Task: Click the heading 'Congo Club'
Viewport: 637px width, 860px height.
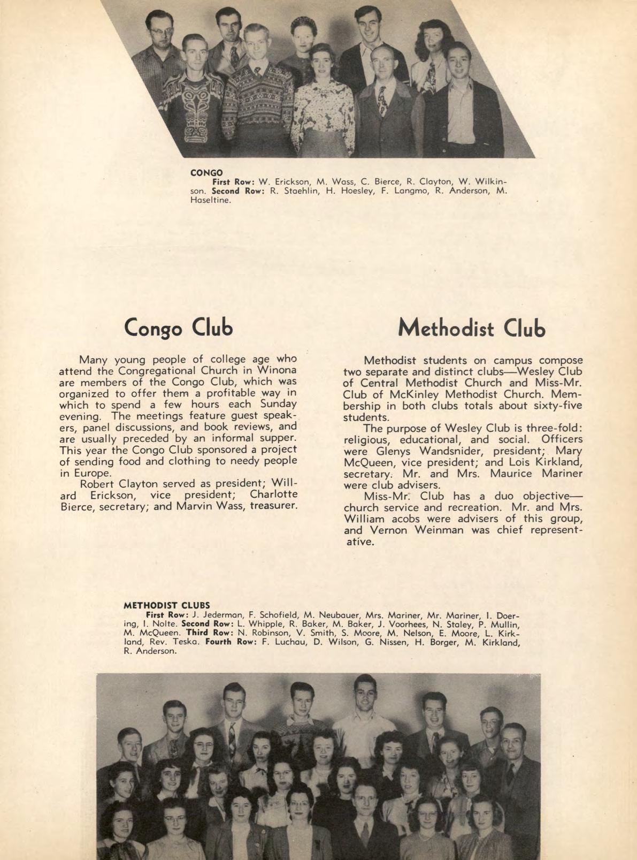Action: click(178, 328)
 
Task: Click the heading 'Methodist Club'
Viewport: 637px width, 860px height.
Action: click(471, 328)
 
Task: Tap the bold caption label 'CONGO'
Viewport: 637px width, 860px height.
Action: click(206, 173)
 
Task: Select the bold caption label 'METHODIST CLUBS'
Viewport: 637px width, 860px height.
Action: click(166, 606)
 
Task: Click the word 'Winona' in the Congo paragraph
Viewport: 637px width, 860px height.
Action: click(277, 370)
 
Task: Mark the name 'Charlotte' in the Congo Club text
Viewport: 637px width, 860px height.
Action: click(273, 494)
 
